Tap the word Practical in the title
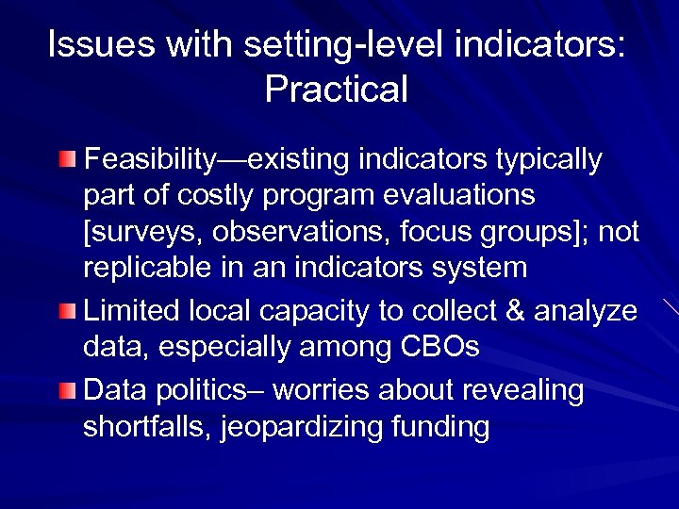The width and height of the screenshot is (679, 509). [337, 90]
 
